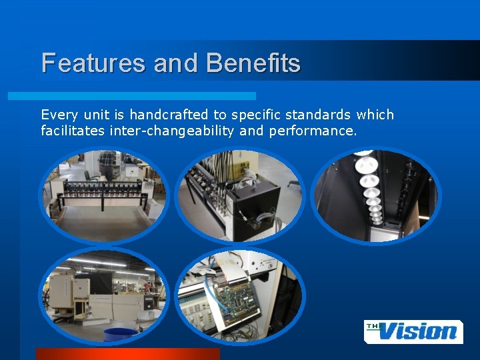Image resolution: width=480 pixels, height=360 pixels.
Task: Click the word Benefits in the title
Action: pyautogui.click(x=253, y=63)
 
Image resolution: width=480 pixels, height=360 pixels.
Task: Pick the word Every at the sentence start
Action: pyautogui.click(x=57, y=115)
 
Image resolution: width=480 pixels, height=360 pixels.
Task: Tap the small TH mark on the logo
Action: pyautogui.click(x=371, y=325)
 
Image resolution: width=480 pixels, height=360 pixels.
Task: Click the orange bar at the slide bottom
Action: pyautogui.click(x=127, y=354)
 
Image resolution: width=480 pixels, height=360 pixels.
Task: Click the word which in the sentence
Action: pyautogui.click(x=375, y=115)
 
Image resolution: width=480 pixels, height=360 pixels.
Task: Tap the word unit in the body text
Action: pyautogui.click(x=101, y=115)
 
